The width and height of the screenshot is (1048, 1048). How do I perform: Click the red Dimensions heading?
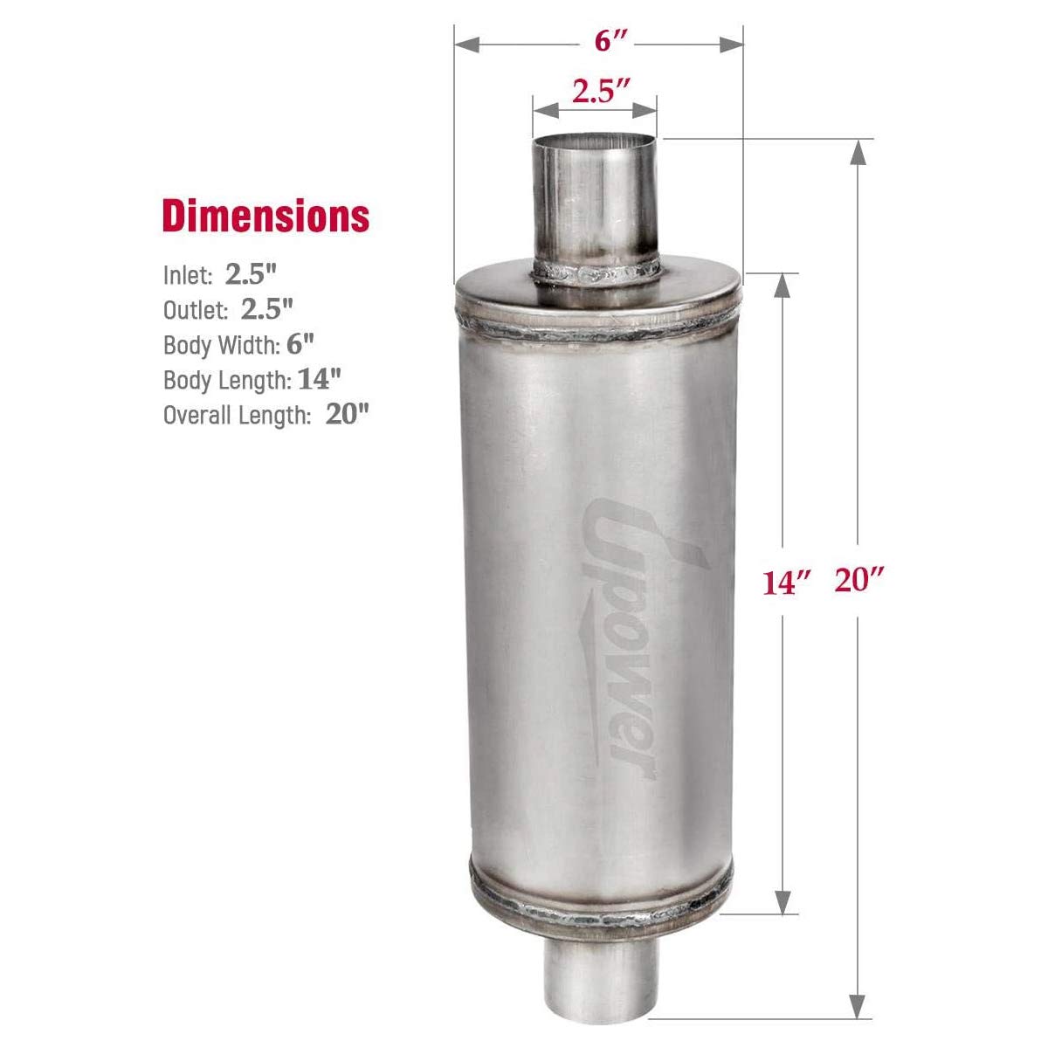pos(265,217)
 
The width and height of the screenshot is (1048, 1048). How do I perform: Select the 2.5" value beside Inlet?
pos(251,274)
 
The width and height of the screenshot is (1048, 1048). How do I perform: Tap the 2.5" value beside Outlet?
pos(266,309)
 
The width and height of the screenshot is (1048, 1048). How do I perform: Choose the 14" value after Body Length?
pos(319,379)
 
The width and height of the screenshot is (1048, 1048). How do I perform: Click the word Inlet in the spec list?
pos(188,276)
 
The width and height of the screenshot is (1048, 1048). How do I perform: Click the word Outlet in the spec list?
pos(196,310)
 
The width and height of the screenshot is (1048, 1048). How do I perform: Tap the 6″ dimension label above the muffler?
pos(599,41)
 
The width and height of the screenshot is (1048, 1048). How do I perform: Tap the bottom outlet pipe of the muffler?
pos(594,979)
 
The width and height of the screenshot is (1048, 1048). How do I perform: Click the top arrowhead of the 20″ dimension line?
pos(858,152)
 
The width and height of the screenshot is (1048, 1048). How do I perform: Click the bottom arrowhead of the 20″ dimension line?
pos(859,1004)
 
